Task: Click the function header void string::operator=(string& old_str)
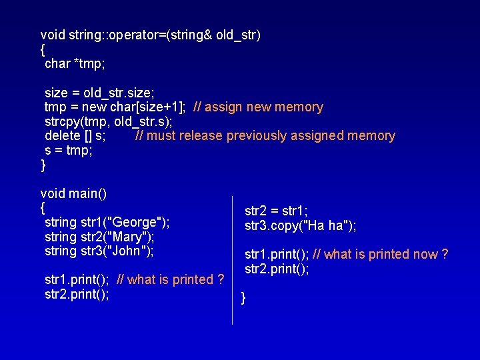pyautogui.click(x=150, y=35)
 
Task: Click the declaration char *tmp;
pyautogui.click(x=75, y=64)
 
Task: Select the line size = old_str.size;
pyautogui.click(x=99, y=93)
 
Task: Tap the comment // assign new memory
pyautogui.click(x=258, y=107)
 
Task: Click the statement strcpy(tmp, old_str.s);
pyautogui.click(x=108, y=121)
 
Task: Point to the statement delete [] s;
pyautogui.click(x=75, y=136)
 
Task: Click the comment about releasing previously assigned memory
pyautogui.click(x=265, y=136)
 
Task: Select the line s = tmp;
pyautogui.click(x=68, y=151)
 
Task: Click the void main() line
pyautogui.click(x=73, y=193)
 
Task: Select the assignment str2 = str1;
pyautogui.click(x=276, y=211)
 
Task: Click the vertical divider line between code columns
pyautogui.click(x=233, y=260)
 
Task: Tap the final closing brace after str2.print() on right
pyautogui.click(x=243, y=298)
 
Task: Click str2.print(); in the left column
pyautogui.click(x=77, y=294)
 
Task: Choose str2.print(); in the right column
pyautogui.click(x=277, y=269)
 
